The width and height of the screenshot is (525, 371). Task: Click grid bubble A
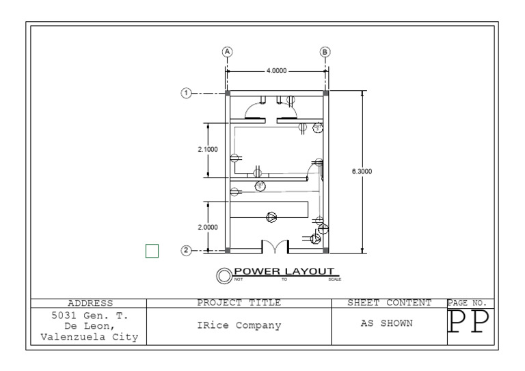228,52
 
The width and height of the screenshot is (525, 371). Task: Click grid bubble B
325,52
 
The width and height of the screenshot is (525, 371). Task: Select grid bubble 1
185,93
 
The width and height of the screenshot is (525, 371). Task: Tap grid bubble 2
185,250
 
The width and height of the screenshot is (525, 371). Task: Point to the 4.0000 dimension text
277,70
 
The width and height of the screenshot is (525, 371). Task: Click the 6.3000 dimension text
362,171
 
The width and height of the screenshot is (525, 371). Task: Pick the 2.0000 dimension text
208,227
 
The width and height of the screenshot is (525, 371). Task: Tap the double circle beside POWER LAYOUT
224,275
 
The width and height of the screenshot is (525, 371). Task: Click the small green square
152,251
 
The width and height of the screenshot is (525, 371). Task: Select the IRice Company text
238,325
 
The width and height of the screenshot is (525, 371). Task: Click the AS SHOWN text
387,323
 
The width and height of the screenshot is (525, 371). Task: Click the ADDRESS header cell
90,303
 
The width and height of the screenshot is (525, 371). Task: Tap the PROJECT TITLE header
239,302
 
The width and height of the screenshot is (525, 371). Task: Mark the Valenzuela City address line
90,338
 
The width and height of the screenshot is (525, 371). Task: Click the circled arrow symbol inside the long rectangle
271,217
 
